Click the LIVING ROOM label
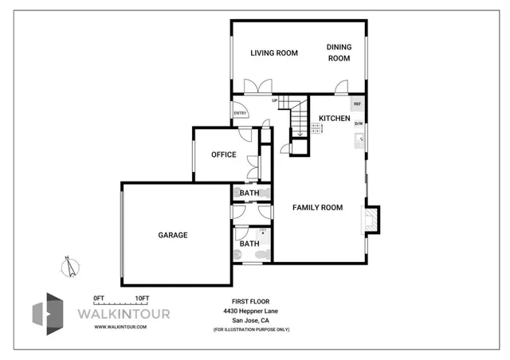tap(274, 53)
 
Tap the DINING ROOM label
tap(339, 53)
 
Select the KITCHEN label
tap(334, 118)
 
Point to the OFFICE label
tap(223, 155)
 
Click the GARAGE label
tap(172, 235)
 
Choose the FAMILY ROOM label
tap(317, 208)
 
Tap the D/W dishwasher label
tap(359, 123)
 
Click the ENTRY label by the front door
tap(239, 113)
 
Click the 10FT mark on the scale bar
tap(141, 297)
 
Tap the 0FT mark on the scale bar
tap(100, 297)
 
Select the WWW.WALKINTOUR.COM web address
tap(120, 327)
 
